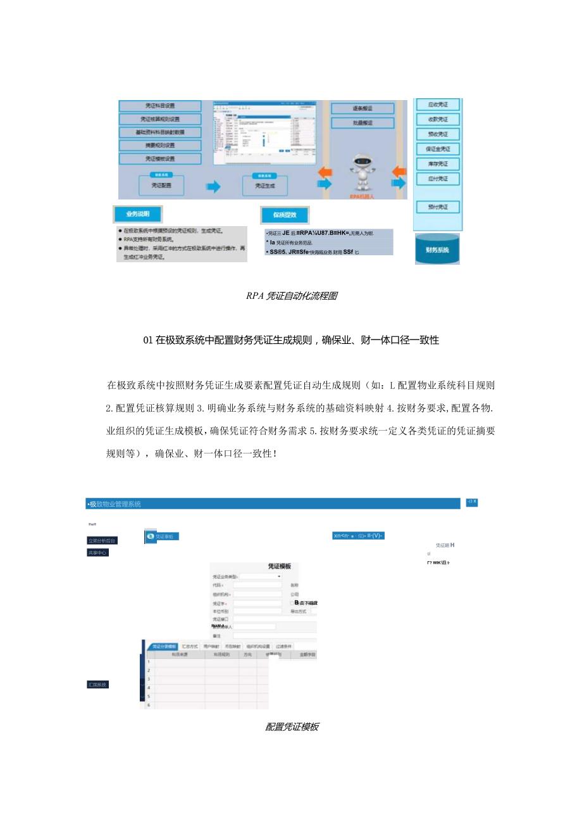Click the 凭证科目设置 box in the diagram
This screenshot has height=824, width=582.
160,106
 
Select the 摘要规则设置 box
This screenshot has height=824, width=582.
160,145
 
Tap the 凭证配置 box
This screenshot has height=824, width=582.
161,186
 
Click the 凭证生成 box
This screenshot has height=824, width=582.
266,186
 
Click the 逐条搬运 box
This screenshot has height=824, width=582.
362,109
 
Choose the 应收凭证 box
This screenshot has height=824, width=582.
437,105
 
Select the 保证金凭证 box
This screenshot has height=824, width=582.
437,149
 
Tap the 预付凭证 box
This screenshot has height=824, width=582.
437,207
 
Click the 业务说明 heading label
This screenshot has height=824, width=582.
137,213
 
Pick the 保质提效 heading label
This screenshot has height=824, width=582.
285,215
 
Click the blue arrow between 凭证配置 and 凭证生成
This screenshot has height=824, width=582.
213,186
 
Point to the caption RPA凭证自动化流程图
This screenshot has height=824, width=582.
291,296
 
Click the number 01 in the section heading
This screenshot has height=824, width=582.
148,340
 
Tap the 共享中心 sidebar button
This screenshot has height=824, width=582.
97,553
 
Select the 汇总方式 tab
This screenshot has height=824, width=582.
190,647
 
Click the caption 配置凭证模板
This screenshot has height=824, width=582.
292,726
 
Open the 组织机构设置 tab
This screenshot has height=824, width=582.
258,647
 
